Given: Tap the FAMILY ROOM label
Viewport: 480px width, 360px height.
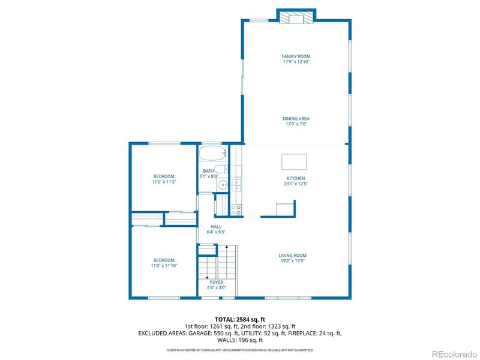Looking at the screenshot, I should pos(296,56).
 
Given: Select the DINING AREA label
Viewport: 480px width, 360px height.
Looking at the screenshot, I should pos(296,119).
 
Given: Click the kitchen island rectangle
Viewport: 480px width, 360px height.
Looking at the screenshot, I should pos(294,162).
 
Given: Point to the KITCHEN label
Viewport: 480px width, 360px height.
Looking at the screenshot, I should pos(296,178).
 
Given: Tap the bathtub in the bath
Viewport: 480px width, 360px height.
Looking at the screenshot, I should pos(213,154).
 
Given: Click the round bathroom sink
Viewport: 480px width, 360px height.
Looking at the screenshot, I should pos(223,185).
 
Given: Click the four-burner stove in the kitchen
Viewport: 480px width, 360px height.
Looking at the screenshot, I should pos(236,209).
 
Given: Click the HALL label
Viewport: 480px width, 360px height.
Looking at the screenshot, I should pos(215,227).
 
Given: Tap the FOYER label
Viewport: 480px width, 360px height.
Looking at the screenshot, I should pos(216,282).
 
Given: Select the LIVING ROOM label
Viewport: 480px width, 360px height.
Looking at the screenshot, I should pos(293,256).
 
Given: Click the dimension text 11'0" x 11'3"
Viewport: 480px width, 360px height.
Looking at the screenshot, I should pos(164,182).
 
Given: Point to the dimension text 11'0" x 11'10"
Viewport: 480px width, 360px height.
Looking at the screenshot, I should pos(164,265).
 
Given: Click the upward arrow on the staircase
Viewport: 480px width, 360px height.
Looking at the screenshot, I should pos(227,247).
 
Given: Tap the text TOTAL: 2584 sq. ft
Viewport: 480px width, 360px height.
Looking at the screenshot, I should pos(239,319).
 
